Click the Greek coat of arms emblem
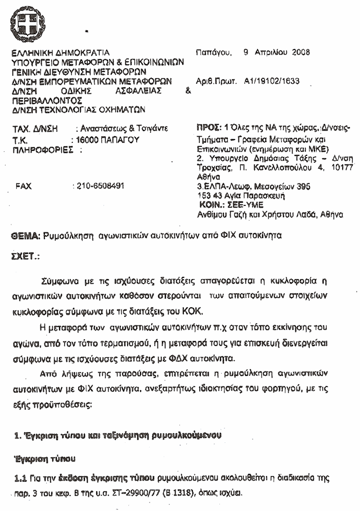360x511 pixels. point(26,24)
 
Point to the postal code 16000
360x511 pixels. point(85,139)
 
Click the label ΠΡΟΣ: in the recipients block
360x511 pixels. point(208,128)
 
